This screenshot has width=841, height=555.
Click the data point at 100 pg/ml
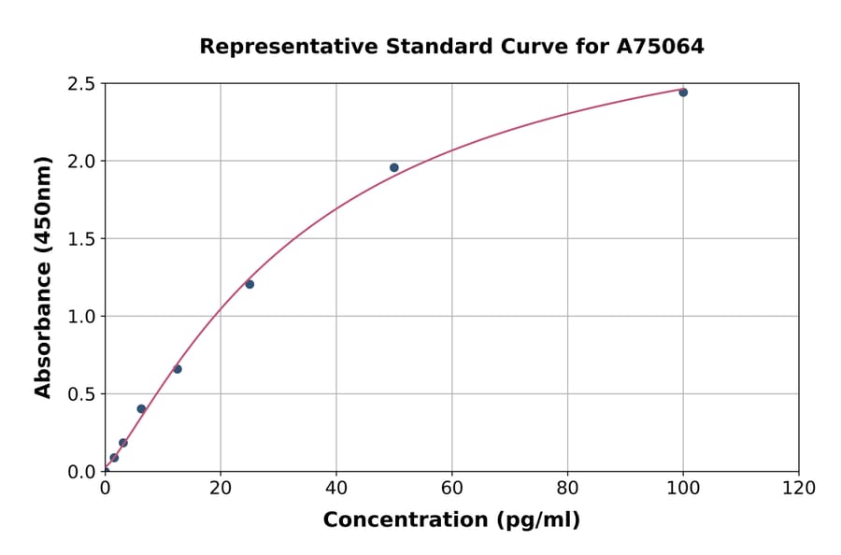(x=683, y=92)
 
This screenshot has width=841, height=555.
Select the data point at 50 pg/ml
(x=394, y=168)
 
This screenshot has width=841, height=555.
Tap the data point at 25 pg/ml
(x=249, y=284)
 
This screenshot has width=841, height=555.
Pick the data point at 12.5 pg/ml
(x=178, y=369)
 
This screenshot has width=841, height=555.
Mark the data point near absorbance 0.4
(x=141, y=409)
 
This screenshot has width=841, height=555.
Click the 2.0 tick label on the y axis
(x=82, y=162)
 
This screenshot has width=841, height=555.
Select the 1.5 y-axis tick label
(x=82, y=239)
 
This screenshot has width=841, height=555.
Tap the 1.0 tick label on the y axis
(x=82, y=317)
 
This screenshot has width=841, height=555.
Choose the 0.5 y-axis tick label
(x=82, y=394)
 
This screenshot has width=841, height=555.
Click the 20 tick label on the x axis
(x=221, y=488)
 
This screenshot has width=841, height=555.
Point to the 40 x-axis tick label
(x=336, y=488)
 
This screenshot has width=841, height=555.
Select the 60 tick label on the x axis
(x=452, y=488)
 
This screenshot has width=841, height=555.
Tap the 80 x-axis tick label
(x=567, y=488)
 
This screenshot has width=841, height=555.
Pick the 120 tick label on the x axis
(x=799, y=488)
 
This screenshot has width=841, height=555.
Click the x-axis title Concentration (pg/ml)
(x=451, y=520)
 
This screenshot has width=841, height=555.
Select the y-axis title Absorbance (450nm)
(x=43, y=277)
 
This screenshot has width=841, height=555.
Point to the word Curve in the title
(x=516, y=47)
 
